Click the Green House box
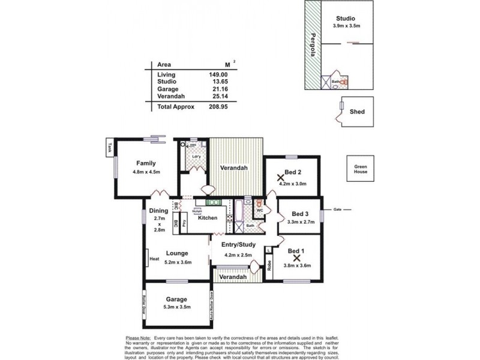360,169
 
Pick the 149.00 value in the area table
219,75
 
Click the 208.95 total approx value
219,106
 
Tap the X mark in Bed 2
280,178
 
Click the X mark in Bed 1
296,257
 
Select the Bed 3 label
300,214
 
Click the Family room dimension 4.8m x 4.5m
146,172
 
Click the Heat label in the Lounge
154,259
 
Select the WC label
260,211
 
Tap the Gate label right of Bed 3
337,209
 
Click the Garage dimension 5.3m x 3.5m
176,307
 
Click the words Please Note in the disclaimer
137,338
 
